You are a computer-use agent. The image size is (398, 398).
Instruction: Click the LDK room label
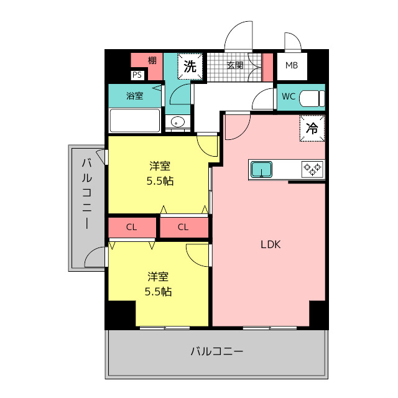click(271, 244)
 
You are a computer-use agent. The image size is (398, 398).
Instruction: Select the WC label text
click(289, 96)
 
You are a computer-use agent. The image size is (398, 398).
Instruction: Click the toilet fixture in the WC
click(312, 98)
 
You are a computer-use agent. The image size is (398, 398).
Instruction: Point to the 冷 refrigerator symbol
click(313, 129)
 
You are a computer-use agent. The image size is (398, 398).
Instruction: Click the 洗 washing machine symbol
click(190, 67)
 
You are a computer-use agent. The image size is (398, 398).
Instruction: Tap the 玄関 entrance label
click(234, 65)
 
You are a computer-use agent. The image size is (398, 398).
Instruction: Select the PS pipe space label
click(137, 75)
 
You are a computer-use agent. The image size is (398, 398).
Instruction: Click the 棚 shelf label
click(152, 60)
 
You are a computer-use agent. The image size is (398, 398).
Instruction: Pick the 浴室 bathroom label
click(135, 96)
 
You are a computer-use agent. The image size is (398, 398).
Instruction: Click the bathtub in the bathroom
click(134, 120)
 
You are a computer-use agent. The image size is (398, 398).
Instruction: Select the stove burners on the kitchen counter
click(312, 167)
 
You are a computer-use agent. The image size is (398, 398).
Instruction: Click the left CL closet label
click(131, 227)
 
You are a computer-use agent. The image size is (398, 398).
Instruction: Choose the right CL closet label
click(183, 227)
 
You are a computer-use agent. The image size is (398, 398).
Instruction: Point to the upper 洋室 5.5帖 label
click(160, 174)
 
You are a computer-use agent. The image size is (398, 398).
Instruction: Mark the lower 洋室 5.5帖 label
click(159, 284)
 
